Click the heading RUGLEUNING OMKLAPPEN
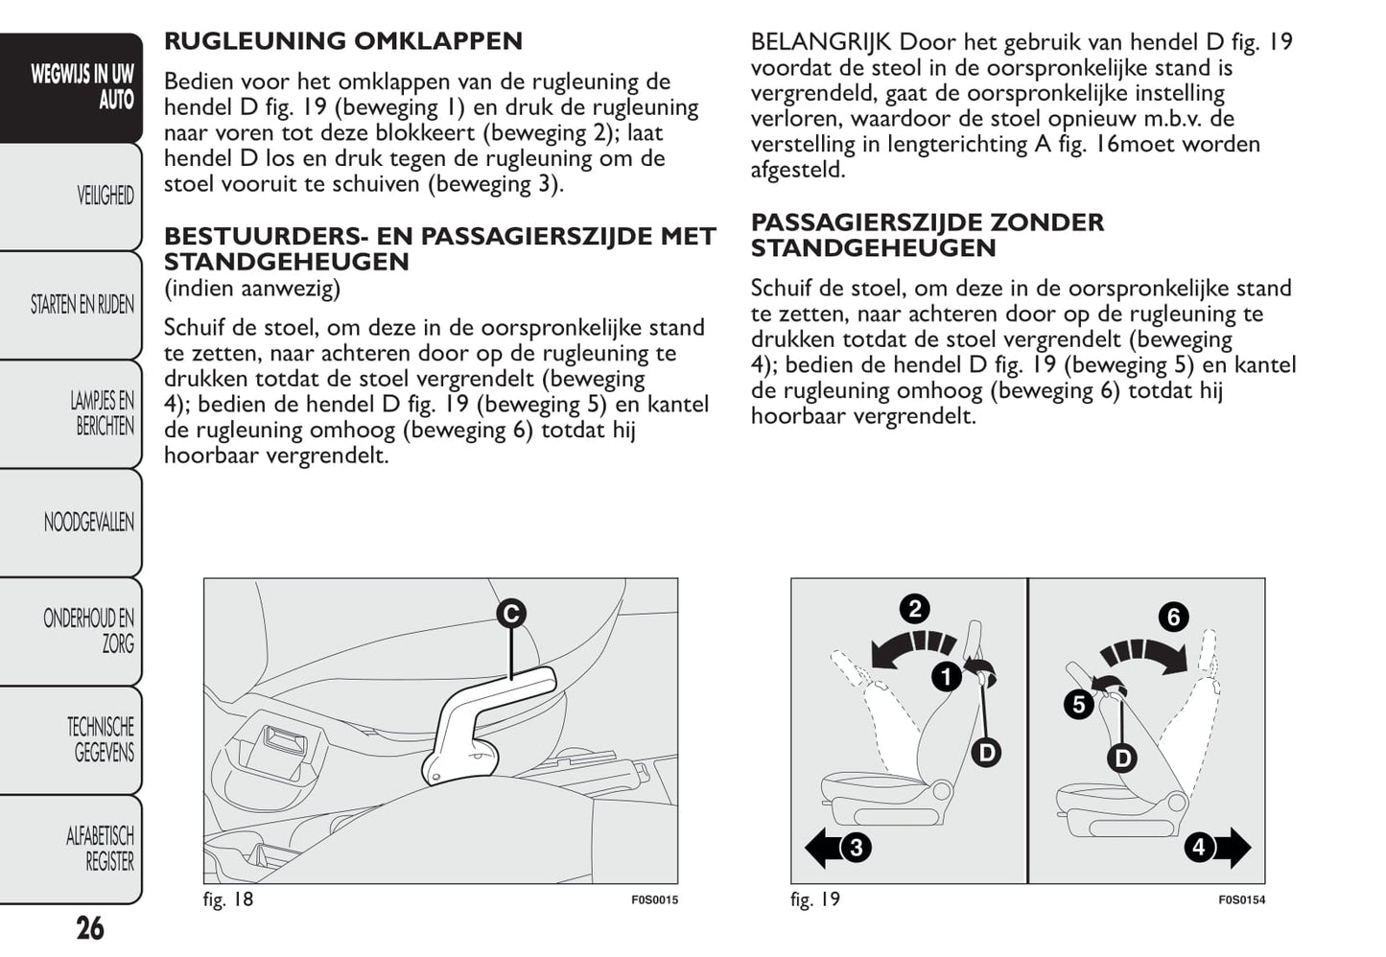342,41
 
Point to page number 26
89,928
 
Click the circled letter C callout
512,614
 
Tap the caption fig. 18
228,899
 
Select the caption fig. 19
815,899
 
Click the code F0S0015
654,900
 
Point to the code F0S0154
1241,900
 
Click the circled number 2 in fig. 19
914,609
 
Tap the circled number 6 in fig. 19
1173,617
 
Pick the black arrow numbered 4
1217,848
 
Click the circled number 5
1079,705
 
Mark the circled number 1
947,677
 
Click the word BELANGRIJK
821,42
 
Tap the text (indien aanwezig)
251,288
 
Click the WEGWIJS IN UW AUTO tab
82,86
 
